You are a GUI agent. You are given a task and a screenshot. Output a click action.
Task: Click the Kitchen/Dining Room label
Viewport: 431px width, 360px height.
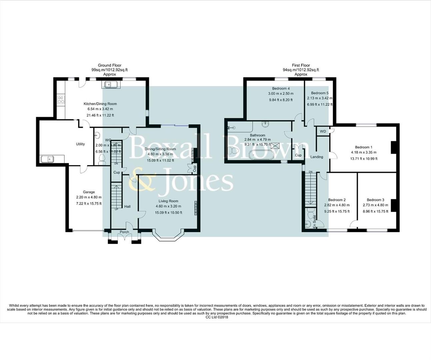point(100,104)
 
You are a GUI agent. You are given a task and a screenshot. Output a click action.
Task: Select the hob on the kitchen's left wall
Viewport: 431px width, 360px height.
point(61,100)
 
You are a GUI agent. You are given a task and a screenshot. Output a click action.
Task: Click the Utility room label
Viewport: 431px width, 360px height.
point(80,144)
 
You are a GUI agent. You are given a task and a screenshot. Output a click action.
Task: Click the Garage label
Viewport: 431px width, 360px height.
point(89,192)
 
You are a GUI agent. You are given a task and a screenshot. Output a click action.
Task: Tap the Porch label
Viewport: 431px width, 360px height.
point(124,232)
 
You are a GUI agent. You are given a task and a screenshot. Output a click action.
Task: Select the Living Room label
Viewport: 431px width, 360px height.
point(168,201)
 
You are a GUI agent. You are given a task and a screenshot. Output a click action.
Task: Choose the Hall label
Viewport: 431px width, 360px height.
point(127,207)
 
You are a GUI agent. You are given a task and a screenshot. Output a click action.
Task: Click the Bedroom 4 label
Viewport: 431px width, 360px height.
point(281,88)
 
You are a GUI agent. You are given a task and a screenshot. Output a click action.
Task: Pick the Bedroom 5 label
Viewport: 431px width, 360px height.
point(320,93)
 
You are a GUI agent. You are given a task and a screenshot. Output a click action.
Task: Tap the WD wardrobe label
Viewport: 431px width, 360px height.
point(323,131)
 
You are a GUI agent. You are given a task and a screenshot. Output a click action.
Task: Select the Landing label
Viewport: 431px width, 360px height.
point(316,157)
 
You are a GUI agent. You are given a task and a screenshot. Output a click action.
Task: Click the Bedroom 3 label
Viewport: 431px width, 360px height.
point(375,200)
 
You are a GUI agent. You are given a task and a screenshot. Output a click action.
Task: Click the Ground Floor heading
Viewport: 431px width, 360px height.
point(109,65)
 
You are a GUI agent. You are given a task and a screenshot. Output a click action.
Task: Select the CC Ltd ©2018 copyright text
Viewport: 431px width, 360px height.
point(217,317)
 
